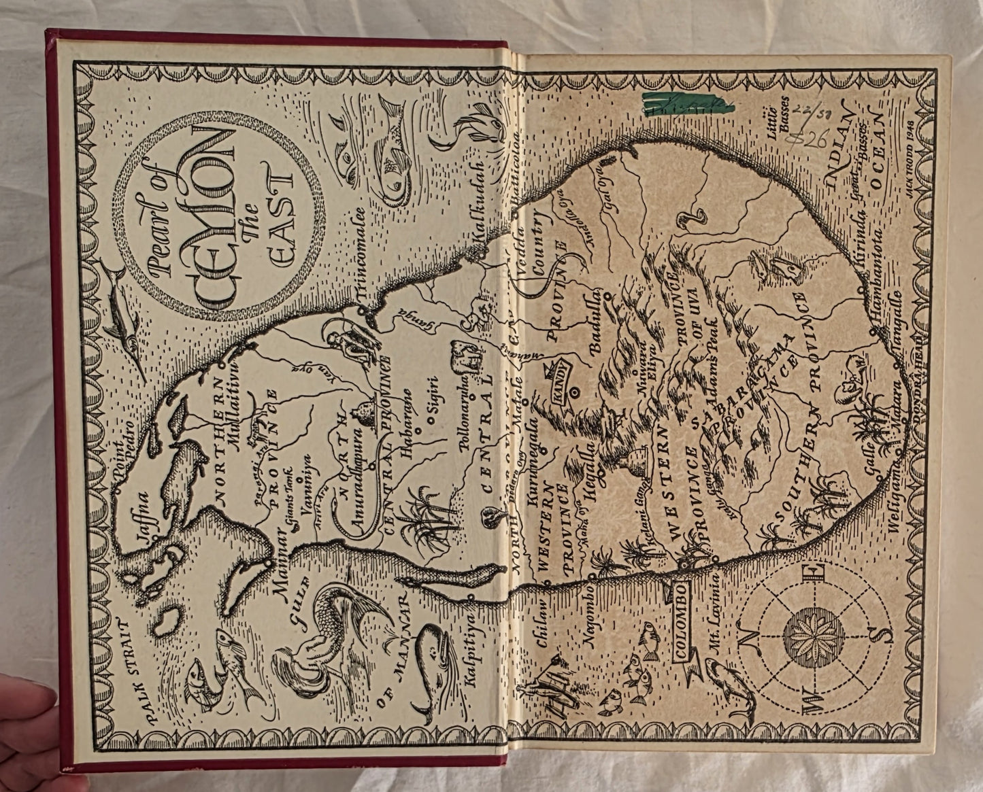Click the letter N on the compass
751,639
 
